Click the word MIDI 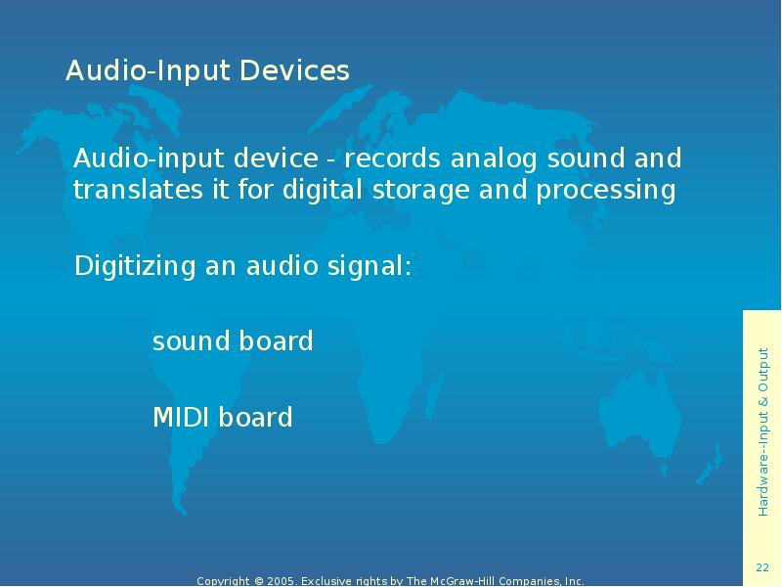[x=181, y=418]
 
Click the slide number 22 [x=762, y=568]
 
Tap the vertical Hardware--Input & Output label [x=762, y=431]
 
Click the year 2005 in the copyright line [x=282, y=581]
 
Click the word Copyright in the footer [x=223, y=581]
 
